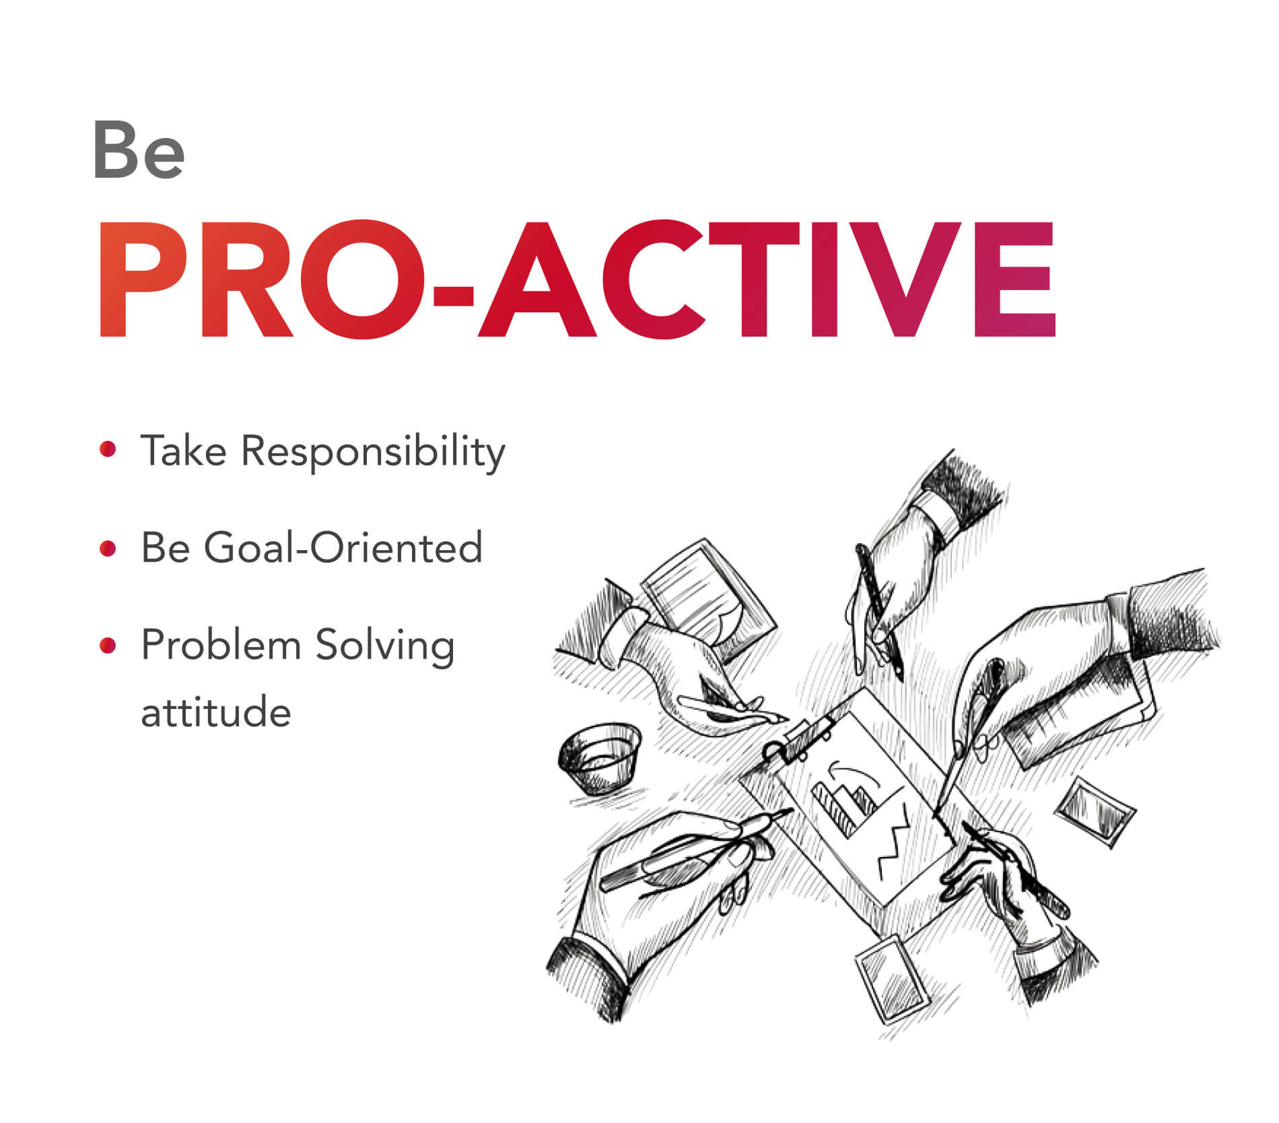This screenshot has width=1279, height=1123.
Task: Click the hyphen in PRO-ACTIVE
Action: tap(453, 295)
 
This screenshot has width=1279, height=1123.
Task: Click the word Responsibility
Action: tap(373, 451)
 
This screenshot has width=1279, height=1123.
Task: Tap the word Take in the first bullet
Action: tap(184, 450)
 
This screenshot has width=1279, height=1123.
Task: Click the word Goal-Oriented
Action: tap(343, 547)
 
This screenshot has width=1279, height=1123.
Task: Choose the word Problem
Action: tap(221, 644)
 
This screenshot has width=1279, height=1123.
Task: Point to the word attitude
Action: tap(216, 712)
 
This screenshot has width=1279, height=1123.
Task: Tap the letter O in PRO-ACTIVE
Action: tap(367, 279)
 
